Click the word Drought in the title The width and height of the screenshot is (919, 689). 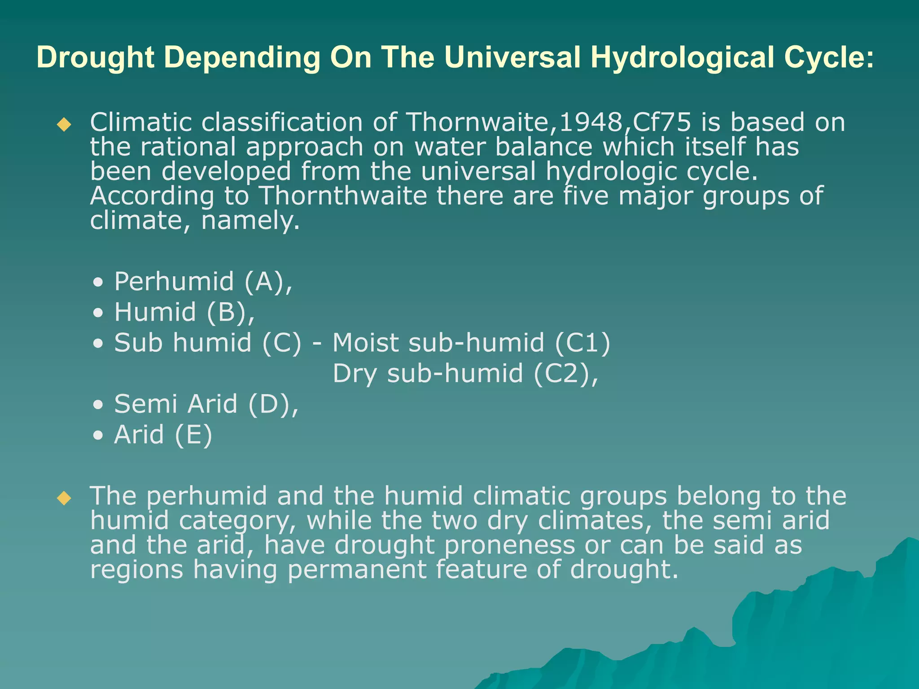point(96,58)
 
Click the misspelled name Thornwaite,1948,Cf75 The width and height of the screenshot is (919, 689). point(548,122)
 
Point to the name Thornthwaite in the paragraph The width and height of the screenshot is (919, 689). point(343,196)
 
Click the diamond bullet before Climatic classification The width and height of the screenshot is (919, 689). point(65,124)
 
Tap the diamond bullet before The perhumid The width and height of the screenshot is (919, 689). point(65,498)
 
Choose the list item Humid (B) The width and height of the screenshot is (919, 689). point(184,312)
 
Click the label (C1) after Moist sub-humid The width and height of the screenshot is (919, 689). point(582,343)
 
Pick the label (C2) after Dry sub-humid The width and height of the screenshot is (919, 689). point(565,374)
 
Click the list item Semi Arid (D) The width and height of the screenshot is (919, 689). point(206,404)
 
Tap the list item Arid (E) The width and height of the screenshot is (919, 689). point(163,435)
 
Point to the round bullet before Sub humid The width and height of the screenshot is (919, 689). point(98,344)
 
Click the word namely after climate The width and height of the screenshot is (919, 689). point(250,221)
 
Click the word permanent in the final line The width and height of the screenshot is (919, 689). point(357,570)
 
